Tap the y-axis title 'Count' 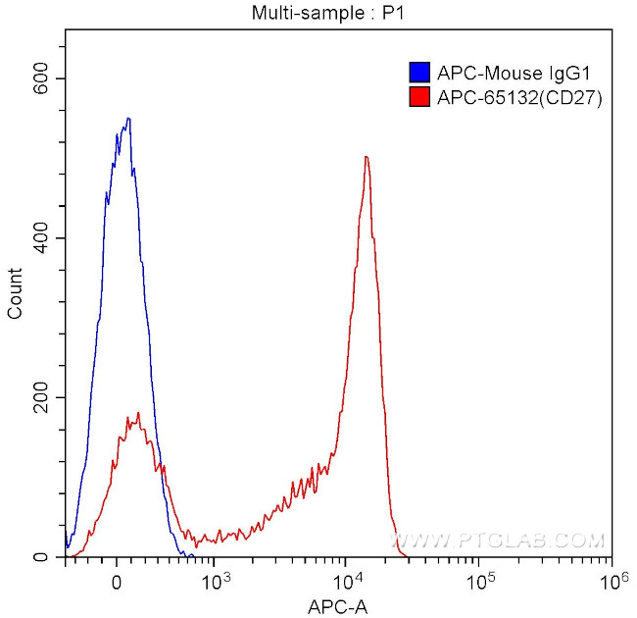click(16, 292)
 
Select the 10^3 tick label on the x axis click(214, 579)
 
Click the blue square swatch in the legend click(419, 72)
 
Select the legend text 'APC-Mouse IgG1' click(498, 72)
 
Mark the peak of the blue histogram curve click(127, 119)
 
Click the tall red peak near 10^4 click(366, 157)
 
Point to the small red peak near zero click(138, 414)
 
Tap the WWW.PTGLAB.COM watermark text click(500, 541)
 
